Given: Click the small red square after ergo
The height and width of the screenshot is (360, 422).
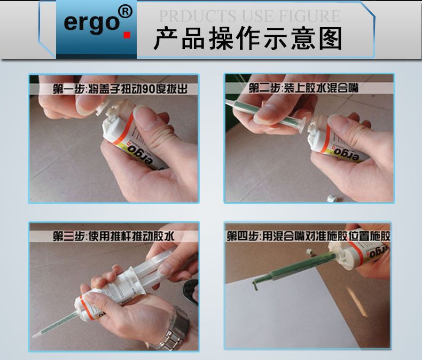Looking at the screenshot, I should pos(127,36).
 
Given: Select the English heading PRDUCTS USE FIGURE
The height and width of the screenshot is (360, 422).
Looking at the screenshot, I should pos(249,15).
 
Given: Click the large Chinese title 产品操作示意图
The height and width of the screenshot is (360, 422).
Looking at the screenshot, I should pos(248,40).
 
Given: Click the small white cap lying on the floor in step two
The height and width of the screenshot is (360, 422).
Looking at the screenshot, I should pos(332,198).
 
